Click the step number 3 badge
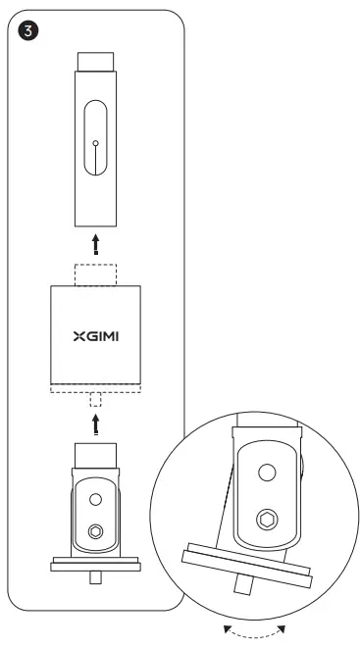coord(30,30)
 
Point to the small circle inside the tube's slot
coord(95,143)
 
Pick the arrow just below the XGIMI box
coord(95,423)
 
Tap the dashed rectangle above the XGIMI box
coord(95,273)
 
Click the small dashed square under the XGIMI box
coord(95,401)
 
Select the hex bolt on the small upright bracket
coord(96,531)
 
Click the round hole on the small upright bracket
coord(96,499)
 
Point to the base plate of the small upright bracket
coord(95,563)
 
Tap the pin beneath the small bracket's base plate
coord(95,577)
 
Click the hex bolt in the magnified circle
coord(266,519)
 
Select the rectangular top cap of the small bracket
coord(95,454)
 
